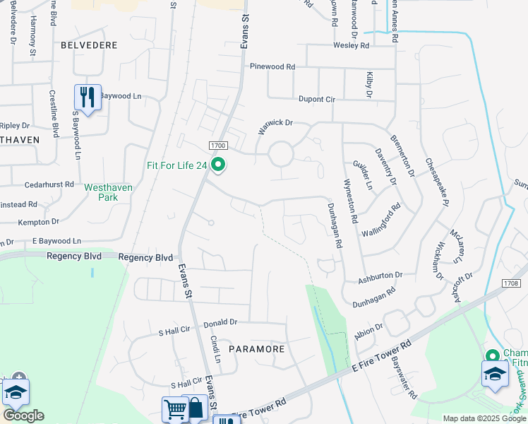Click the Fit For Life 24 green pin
[x=218, y=165]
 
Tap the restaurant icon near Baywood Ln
[x=88, y=97]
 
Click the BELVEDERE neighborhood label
[x=89, y=45]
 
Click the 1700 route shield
[x=217, y=145]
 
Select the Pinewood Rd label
[x=272, y=66]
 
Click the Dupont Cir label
[x=316, y=100]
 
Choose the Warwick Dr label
[x=275, y=123]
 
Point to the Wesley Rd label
[x=352, y=46]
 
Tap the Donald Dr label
[x=220, y=323]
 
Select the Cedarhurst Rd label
[x=49, y=184]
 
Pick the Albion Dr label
[x=368, y=330]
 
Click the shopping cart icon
[x=175, y=409]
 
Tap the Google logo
[x=24, y=416]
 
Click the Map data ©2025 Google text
[x=484, y=419]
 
